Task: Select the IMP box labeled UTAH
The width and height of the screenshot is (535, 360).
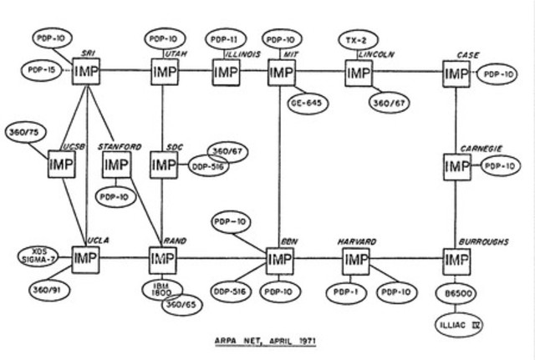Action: coord(164,73)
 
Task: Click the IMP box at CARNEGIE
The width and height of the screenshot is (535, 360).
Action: coord(456,166)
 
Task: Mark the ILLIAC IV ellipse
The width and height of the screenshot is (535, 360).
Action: coord(456,321)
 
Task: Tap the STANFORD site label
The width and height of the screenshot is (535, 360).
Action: coord(120,146)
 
